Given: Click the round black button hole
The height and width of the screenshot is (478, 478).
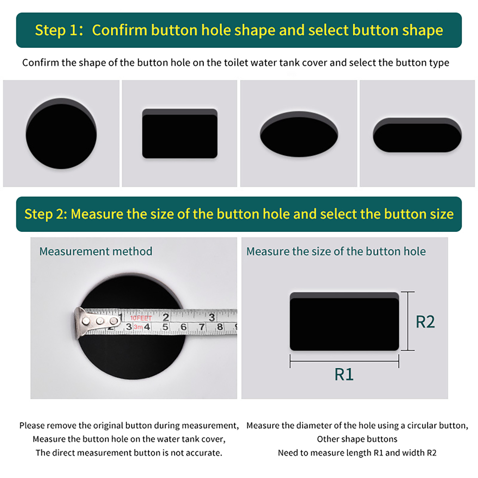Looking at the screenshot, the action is click(61, 134).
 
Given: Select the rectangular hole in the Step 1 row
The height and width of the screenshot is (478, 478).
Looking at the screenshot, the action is click(180, 134).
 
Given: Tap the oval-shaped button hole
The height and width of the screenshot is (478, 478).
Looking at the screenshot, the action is click(299, 134).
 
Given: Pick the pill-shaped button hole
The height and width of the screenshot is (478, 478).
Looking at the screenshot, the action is click(417, 135).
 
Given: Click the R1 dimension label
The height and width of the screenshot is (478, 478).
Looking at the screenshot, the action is click(344, 374).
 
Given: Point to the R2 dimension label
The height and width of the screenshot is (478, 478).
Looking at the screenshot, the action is click(425, 322).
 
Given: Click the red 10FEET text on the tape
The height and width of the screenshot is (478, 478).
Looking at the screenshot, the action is click(141, 318).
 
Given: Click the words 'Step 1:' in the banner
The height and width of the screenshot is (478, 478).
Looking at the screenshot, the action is click(59, 30).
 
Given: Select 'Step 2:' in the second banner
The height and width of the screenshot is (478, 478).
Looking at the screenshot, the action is click(46, 214).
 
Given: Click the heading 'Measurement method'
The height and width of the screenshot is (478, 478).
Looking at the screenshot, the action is click(96, 252).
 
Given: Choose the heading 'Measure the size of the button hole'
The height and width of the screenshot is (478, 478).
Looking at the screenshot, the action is click(336, 252).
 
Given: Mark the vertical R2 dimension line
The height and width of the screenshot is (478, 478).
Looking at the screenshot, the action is click(408, 321).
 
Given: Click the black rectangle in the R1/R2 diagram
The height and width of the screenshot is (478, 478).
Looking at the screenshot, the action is click(344, 321).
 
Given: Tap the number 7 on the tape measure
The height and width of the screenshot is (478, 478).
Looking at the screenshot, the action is click(202, 327).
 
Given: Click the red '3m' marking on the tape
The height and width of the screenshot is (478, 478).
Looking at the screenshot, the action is click(138, 327).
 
